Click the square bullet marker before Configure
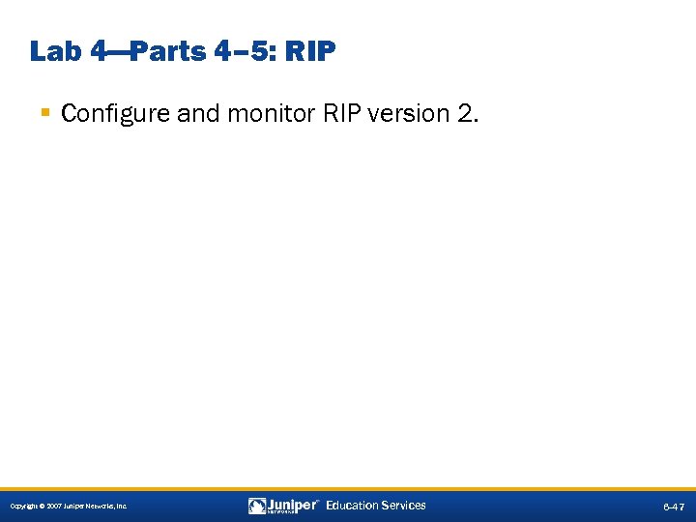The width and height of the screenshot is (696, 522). [45, 114]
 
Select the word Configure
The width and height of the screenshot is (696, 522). [106, 114]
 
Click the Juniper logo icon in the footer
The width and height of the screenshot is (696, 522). [257, 506]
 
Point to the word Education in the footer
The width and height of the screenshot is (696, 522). [352, 506]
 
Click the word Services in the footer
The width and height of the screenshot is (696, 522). [403, 506]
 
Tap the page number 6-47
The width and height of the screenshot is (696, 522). [674, 507]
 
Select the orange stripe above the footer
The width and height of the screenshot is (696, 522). [348, 487]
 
